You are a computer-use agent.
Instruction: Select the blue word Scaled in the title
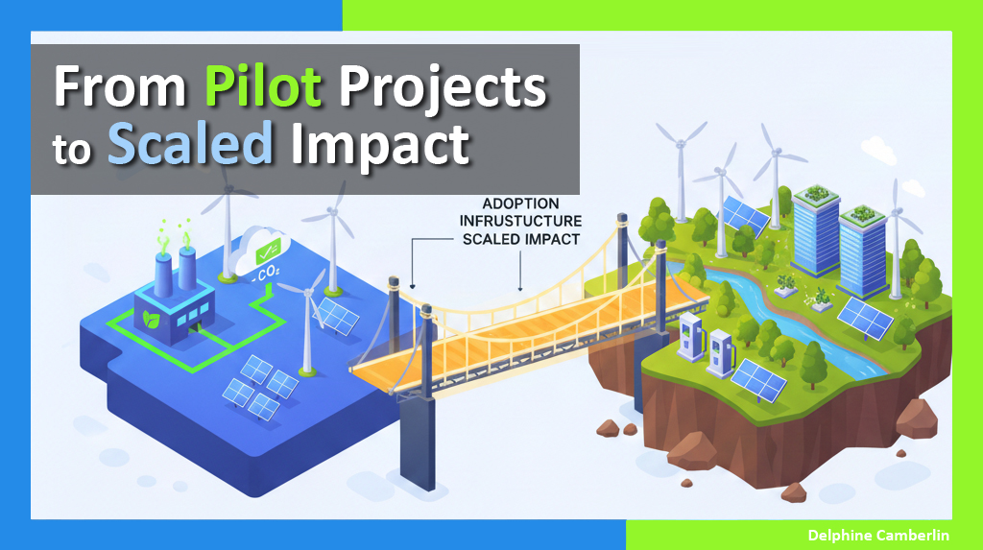[189, 145]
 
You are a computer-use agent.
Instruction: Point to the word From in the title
[121, 89]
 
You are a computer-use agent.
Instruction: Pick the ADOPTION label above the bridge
[520, 204]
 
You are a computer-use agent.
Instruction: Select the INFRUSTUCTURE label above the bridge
[520, 222]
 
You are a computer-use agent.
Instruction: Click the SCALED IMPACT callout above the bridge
[520, 239]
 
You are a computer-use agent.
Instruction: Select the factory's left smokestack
[160, 262]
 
